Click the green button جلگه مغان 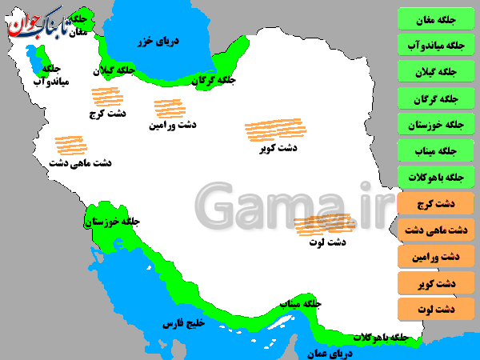click(436, 18)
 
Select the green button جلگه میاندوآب click(436, 45)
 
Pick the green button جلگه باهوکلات click(436, 177)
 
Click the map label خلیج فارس click(184, 324)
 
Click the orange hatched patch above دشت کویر click(269, 130)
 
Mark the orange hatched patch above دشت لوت click(323, 225)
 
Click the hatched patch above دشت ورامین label click(170, 109)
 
